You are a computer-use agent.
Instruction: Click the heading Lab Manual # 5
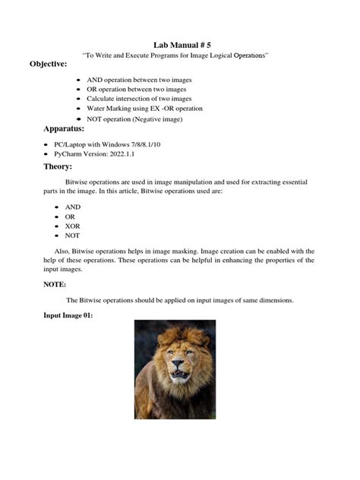point(179,46)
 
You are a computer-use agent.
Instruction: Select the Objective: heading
point(49,64)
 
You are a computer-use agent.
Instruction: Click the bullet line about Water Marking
point(144,109)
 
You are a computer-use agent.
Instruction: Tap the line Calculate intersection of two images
point(139,99)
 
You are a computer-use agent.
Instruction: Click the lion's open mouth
point(179,375)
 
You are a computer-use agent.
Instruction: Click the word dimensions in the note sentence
point(273,300)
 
